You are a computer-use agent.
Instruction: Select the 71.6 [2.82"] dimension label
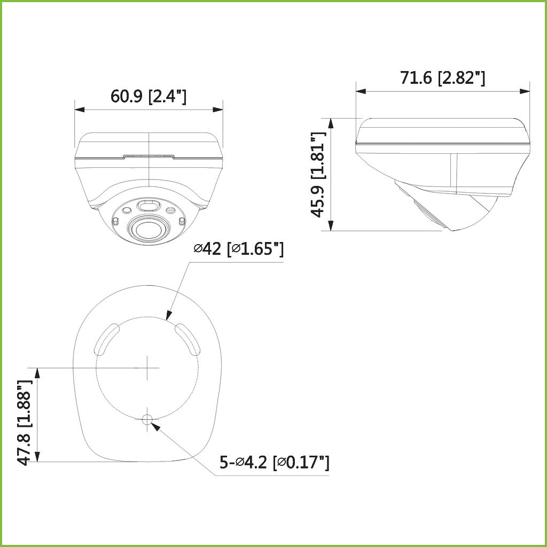tap(442, 78)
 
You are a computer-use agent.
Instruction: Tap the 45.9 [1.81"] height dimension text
tap(318, 175)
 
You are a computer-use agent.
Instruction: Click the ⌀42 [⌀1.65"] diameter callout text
tap(238, 249)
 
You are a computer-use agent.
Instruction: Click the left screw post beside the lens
tap(115, 221)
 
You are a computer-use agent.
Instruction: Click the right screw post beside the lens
tap(181, 221)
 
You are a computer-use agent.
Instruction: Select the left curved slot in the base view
tap(106, 339)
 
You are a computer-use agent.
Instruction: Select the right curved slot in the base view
tap(187, 339)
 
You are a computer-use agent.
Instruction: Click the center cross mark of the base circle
tap(147, 368)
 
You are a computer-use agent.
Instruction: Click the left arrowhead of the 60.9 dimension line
tap(80, 110)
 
